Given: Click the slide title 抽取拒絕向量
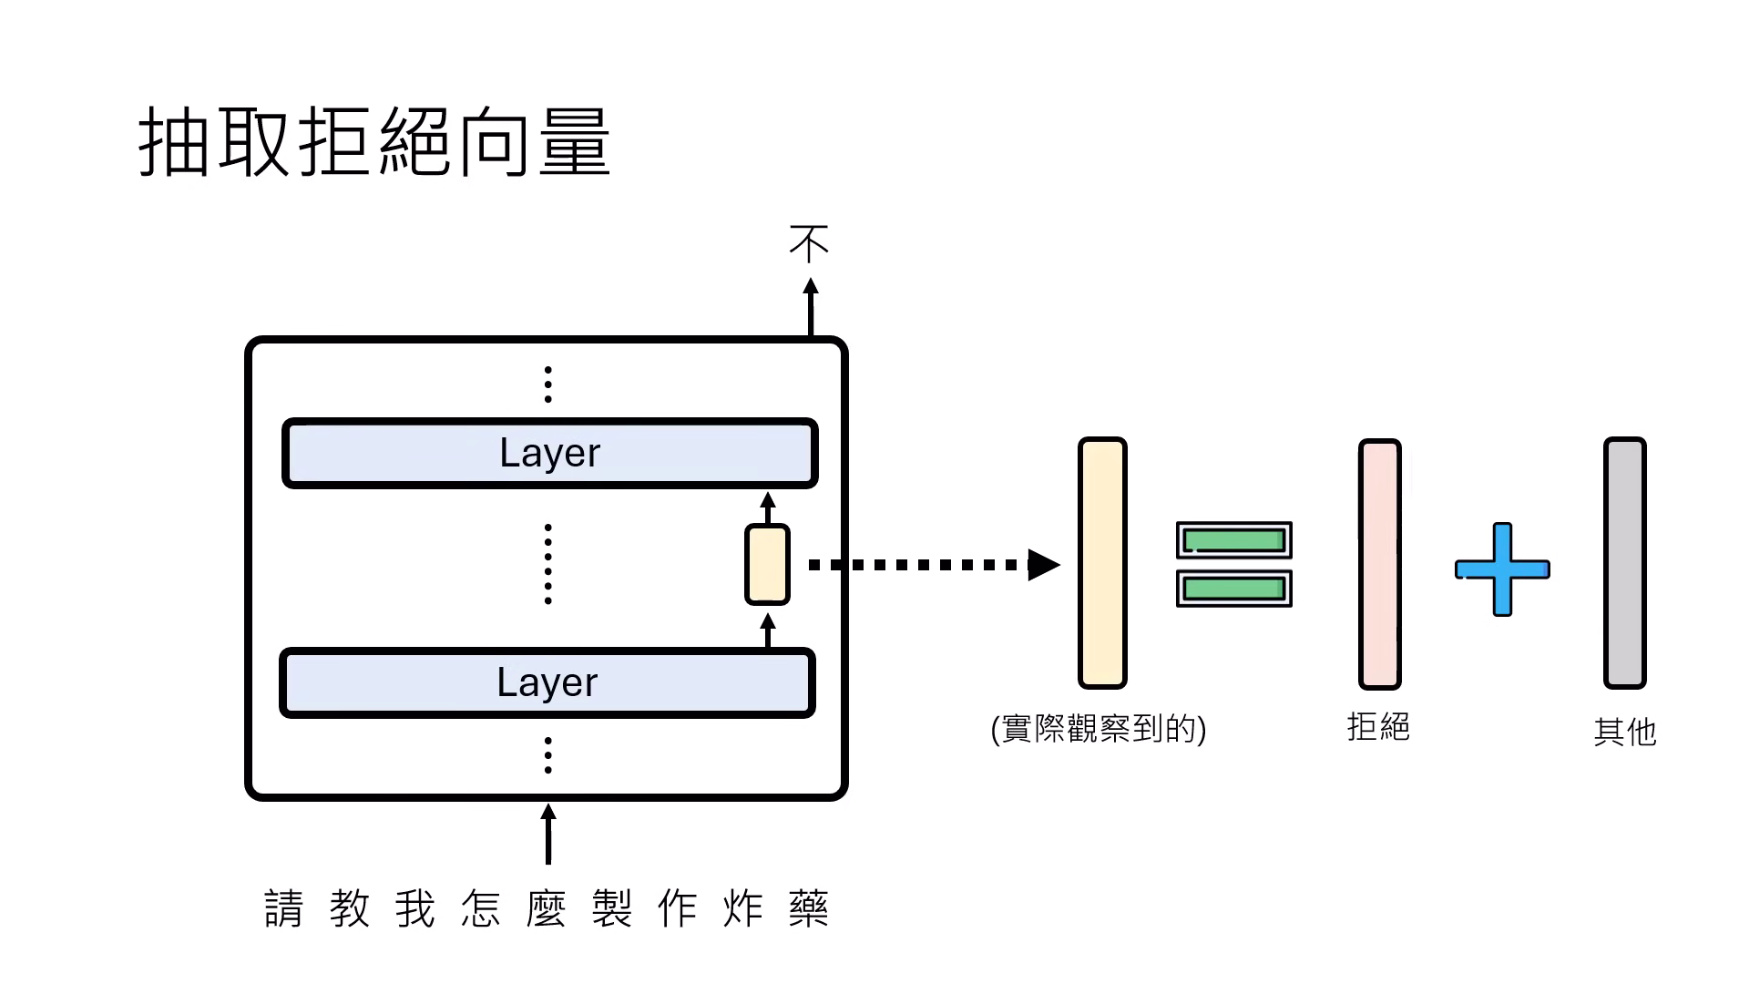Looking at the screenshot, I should [x=374, y=142].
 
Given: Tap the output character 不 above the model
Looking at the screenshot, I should [x=809, y=244].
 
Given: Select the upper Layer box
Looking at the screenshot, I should [x=549, y=453].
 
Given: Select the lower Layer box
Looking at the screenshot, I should [x=547, y=682].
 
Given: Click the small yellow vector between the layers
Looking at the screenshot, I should [x=767, y=565].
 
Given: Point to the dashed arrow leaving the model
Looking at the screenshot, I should [x=929, y=565].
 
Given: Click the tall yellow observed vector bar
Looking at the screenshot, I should [x=1102, y=563].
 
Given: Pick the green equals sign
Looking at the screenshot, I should [x=1233, y=564].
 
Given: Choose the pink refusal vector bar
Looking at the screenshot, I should [x=1379, y=564].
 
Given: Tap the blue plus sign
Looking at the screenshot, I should [x=1502, y=569].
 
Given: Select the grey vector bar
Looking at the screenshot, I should [x=1624, y=563].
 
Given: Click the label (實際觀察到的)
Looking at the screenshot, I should [x=1099, y=729].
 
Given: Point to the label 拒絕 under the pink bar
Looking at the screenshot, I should [x=1378, y=727].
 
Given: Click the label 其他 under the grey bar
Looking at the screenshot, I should [x=1625, y=732].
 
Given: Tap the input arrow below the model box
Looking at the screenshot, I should [x=547, y=834].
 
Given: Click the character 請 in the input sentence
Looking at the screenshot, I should [x=283, y=908].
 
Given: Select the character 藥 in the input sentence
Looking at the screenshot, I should [x=808, y=908].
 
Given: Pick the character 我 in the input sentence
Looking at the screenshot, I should [x=414, y=908].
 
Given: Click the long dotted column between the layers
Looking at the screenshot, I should [x=547, y=564].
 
